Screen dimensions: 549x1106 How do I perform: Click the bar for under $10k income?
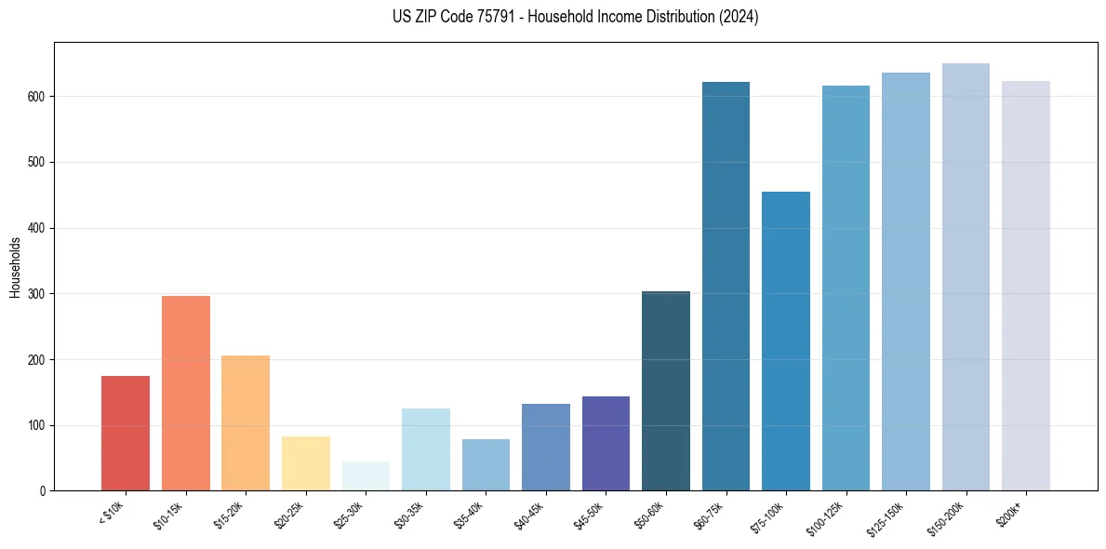(x=126, y=433)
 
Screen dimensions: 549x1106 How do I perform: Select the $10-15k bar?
(x=186, y=393)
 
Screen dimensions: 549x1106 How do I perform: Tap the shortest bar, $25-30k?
(x=366, y=475)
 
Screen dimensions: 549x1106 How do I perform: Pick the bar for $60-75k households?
(x=726, y=286)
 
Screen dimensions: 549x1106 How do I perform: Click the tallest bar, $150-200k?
(x=966, y=276)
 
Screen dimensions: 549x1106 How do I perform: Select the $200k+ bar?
(x=1026, y=286)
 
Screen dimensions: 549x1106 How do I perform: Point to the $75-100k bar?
(x=786, y=341)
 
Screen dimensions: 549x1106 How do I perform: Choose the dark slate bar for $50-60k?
(x=666, y=391)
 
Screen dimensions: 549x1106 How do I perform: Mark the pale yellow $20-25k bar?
(x=306, y=463)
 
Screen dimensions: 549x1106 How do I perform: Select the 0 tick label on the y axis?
(x=44, y=491)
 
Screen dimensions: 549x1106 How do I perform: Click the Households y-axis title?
(x=16, y=267)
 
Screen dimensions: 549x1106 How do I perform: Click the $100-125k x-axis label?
(x=824, y=517)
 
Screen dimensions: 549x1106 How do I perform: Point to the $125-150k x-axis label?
(x=884, y=517)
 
